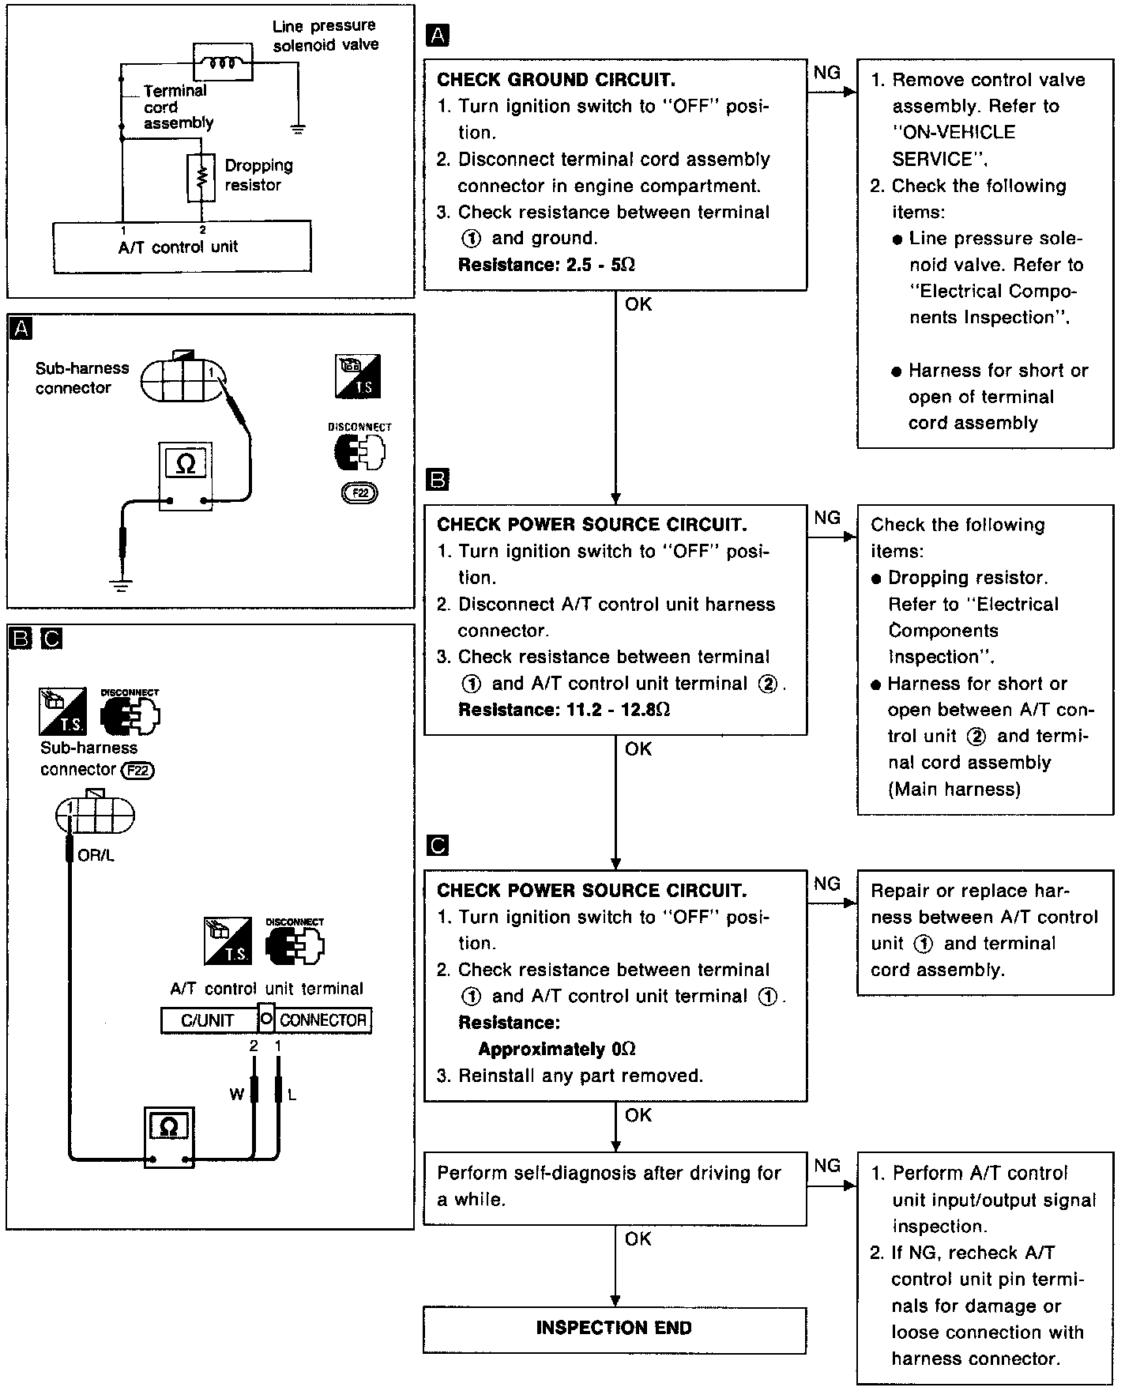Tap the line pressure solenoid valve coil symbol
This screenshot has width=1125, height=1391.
point(224,62)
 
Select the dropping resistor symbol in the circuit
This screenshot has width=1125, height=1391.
point(202,176)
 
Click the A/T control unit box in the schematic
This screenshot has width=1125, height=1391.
point(182,247)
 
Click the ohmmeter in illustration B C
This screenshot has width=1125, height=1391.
point(169,1137)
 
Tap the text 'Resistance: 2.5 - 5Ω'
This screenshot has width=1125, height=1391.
point(547,264)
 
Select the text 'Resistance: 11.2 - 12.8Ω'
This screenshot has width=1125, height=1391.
point(564,709)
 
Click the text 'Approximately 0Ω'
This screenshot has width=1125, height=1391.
point(557,1049)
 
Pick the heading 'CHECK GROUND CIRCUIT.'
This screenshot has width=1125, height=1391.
point(556,80)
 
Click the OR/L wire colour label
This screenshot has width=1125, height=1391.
point(96,855)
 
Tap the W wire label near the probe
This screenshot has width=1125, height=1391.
point(236,1095)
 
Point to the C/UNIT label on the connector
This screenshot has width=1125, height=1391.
point(208,1020)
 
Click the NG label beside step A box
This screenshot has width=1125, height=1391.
point(827,73)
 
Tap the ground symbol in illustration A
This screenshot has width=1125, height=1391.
point(122,586)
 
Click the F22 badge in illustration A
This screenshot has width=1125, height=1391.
point(360,493)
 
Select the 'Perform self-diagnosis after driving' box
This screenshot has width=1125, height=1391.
point(615,1186)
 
